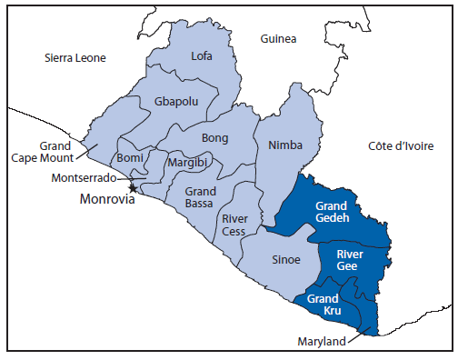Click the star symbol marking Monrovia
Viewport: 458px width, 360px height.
coord(134,188)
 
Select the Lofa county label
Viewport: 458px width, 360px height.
coord(202,56)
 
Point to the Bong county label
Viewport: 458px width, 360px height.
coord(215,138)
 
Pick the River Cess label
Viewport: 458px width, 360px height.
coord(235,225)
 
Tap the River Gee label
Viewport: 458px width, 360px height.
coord(351,261)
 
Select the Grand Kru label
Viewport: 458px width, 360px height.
coord(324,305)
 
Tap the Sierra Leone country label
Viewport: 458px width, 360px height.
coord(75,58)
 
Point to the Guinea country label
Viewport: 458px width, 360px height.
coord(278,39)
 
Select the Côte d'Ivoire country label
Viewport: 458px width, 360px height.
coord(401,145)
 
